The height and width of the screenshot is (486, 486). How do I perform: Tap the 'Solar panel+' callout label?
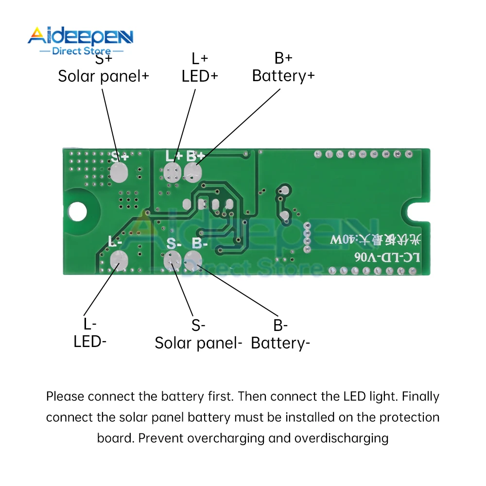[x=104, y=76]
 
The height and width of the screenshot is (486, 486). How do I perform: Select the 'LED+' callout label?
[x=200, y=76]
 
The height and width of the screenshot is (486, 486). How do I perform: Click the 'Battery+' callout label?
[x=283, y=76]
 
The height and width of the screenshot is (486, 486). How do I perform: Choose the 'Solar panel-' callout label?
[x=198, y=343]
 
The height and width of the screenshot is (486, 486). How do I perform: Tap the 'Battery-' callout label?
[x=280, y=343]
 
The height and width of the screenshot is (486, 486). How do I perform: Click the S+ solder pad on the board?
[x=118, y=173]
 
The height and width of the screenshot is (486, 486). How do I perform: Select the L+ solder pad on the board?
[x=172, y=172]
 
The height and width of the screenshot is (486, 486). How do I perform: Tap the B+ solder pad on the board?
[x=193, y=172]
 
